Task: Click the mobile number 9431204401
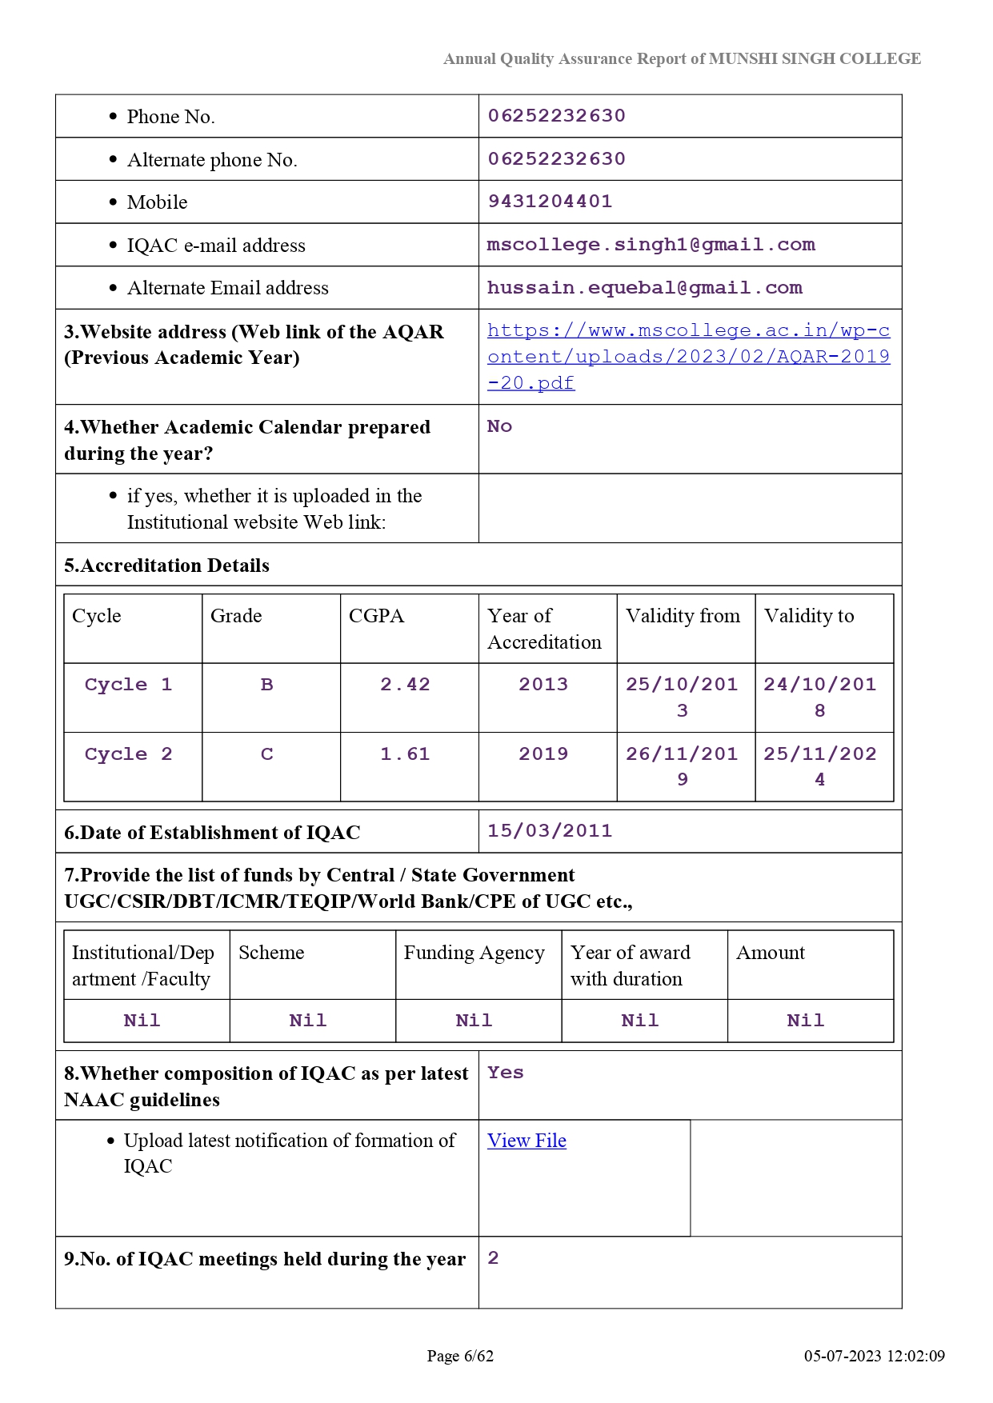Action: [x=550, y=202]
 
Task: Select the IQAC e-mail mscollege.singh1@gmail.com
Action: [x=651, y=245]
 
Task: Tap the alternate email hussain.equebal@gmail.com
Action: [x=644, y=288]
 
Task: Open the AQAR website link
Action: [x=688, y=357]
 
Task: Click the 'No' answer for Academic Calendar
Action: [x=499, y=426]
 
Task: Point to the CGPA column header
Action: [x=376, y=616]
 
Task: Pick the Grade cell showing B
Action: [x=267, y=685]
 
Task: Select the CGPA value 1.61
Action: [x=405, y=754]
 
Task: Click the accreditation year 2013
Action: [x=543, y=685]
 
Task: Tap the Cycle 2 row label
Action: [x=128, y=754]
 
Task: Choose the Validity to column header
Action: [x=809, y=616]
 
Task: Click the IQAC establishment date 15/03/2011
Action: [x=550, y=831]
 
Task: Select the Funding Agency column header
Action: [x=474, y=953]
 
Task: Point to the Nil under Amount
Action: [x=805, y=1021]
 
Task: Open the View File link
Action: [x=527, y=1141]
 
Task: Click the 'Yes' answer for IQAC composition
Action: [x=506, y=1073]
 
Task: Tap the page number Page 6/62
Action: [x=460, y=1356]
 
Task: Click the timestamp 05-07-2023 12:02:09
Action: [x=874, y=1356]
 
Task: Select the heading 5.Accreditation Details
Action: [x=166, y=566]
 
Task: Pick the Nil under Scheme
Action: [x=308, y=1021]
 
